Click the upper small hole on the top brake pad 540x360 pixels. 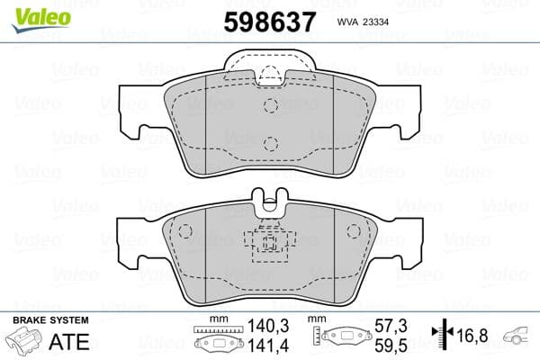point(270,105)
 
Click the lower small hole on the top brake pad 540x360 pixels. point(270,142)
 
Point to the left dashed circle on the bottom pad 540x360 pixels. point(185,231)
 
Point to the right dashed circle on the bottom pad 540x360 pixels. point(355,231)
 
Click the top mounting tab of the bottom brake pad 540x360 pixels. point(269,200)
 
